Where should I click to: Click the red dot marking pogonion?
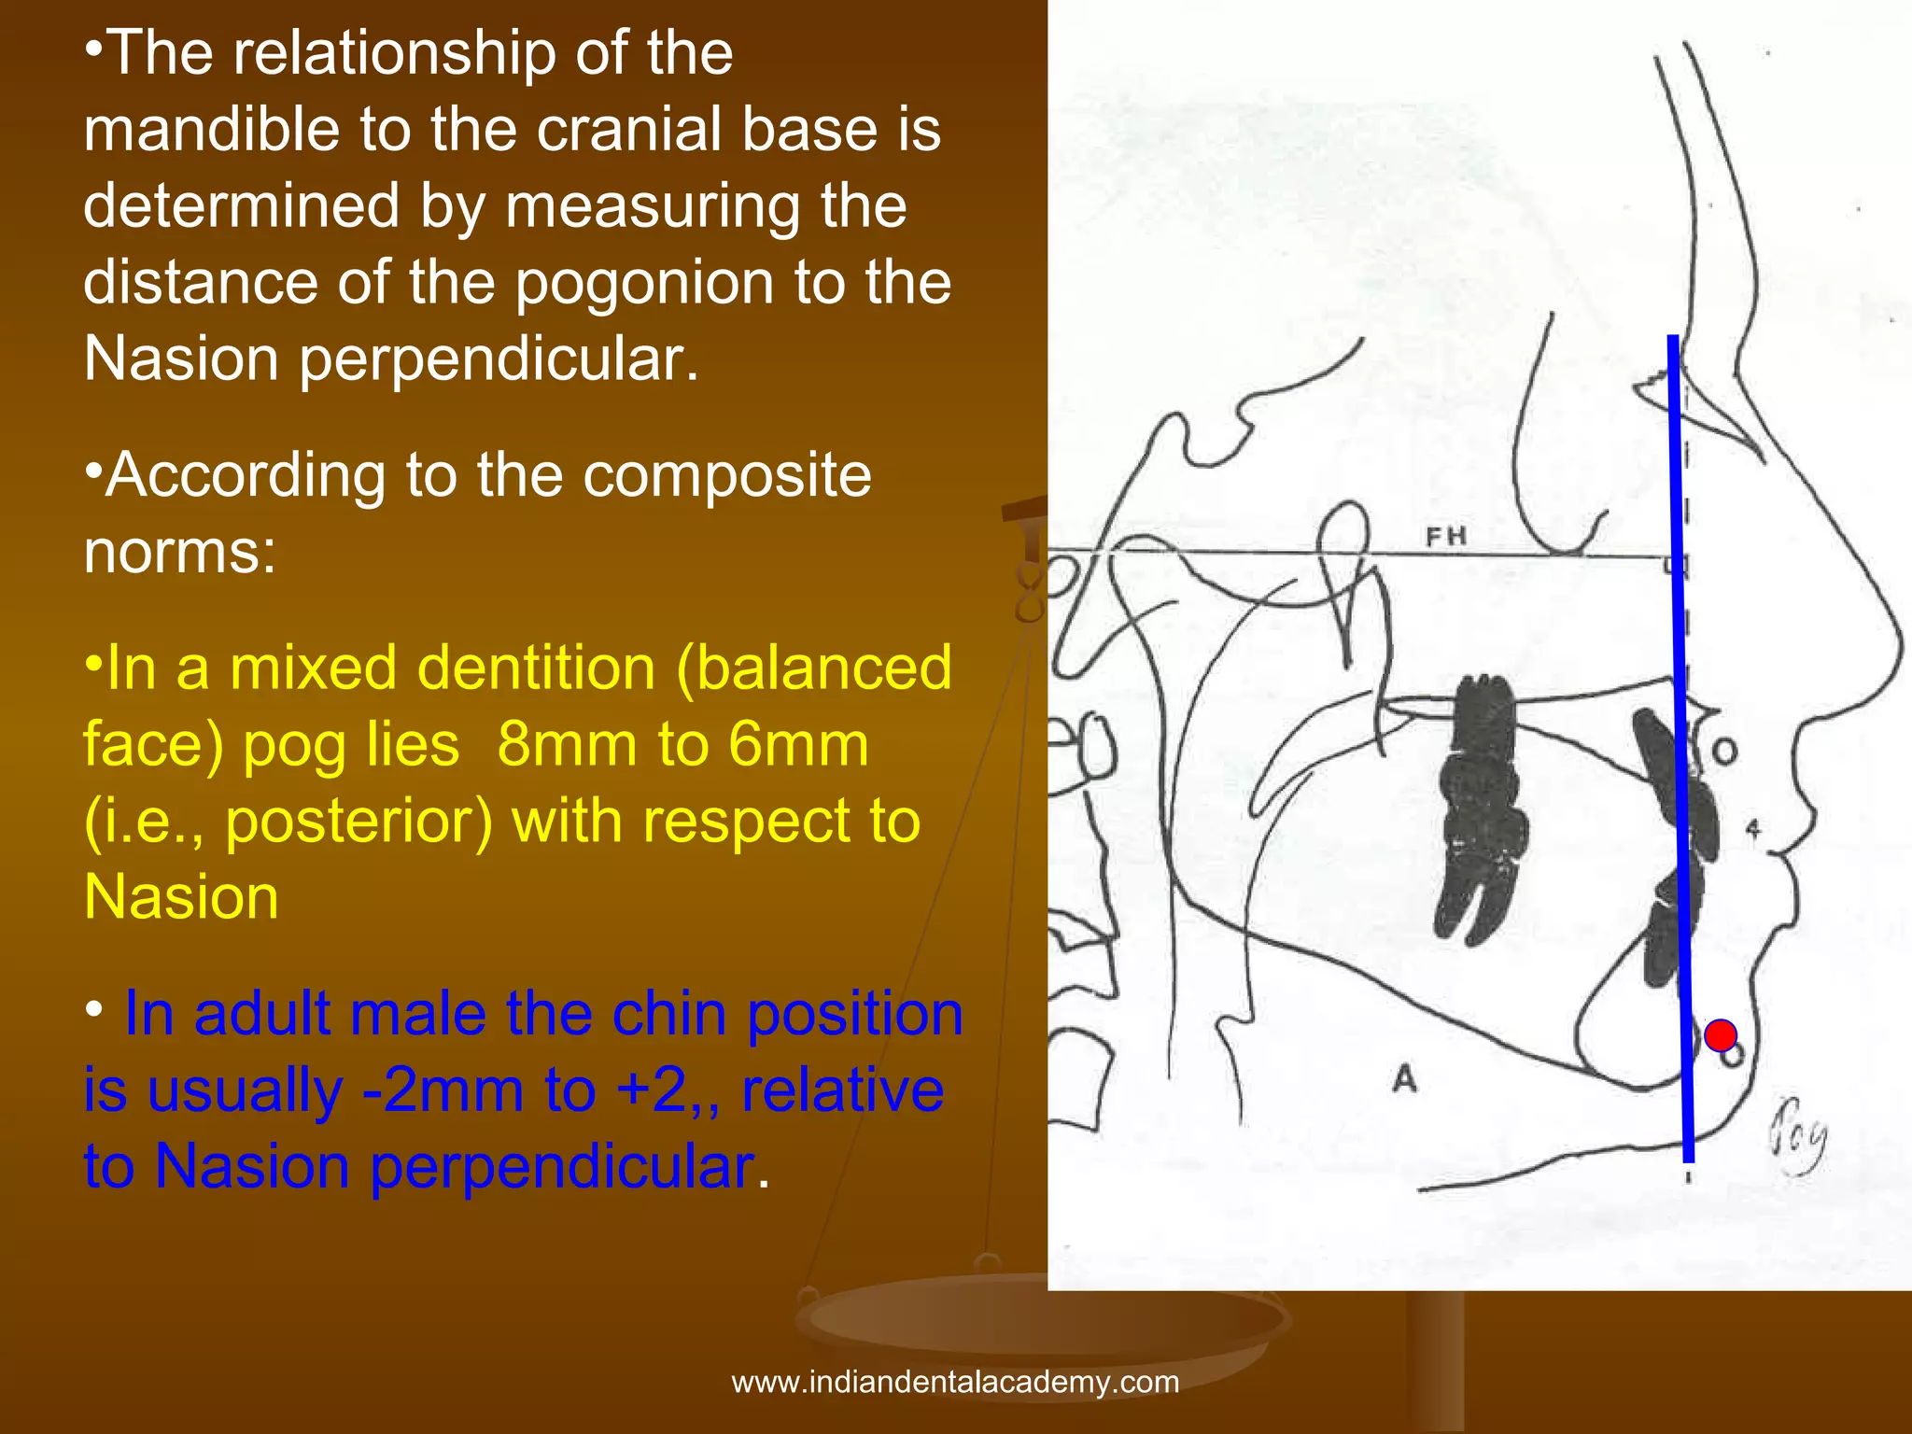point(1720,1035)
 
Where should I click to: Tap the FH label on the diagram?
point(1446,536)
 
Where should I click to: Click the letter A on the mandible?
point(1404,1079)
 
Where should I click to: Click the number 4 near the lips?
point(1753,828)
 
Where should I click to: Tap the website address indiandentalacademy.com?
point(955,1382)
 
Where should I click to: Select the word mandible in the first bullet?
point(211,129)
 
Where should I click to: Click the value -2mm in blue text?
point(443,1090)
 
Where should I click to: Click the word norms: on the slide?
point(180,552)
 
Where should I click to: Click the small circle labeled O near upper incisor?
point(1723,752)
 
